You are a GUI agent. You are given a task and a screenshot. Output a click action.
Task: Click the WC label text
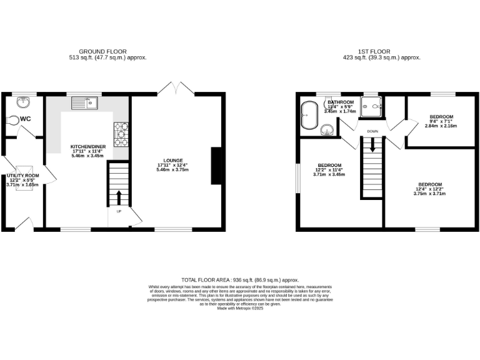tap(26, 119)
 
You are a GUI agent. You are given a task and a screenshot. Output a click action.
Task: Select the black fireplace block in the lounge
tap(216, 166)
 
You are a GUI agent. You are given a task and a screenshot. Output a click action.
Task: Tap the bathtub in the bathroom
tap(307, 115)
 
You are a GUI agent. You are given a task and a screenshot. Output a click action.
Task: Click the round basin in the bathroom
tap(327, 129)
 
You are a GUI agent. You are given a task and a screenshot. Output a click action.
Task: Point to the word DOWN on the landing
tap(373, 131)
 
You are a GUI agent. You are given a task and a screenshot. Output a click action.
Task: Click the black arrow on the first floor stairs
tap(373, 145)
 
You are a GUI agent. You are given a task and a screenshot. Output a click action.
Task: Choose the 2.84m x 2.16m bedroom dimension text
tap(441, 126)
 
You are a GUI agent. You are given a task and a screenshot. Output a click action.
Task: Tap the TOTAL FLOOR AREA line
tap(240, 279)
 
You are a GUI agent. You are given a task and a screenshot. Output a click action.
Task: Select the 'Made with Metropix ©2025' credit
tap(240, 308)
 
